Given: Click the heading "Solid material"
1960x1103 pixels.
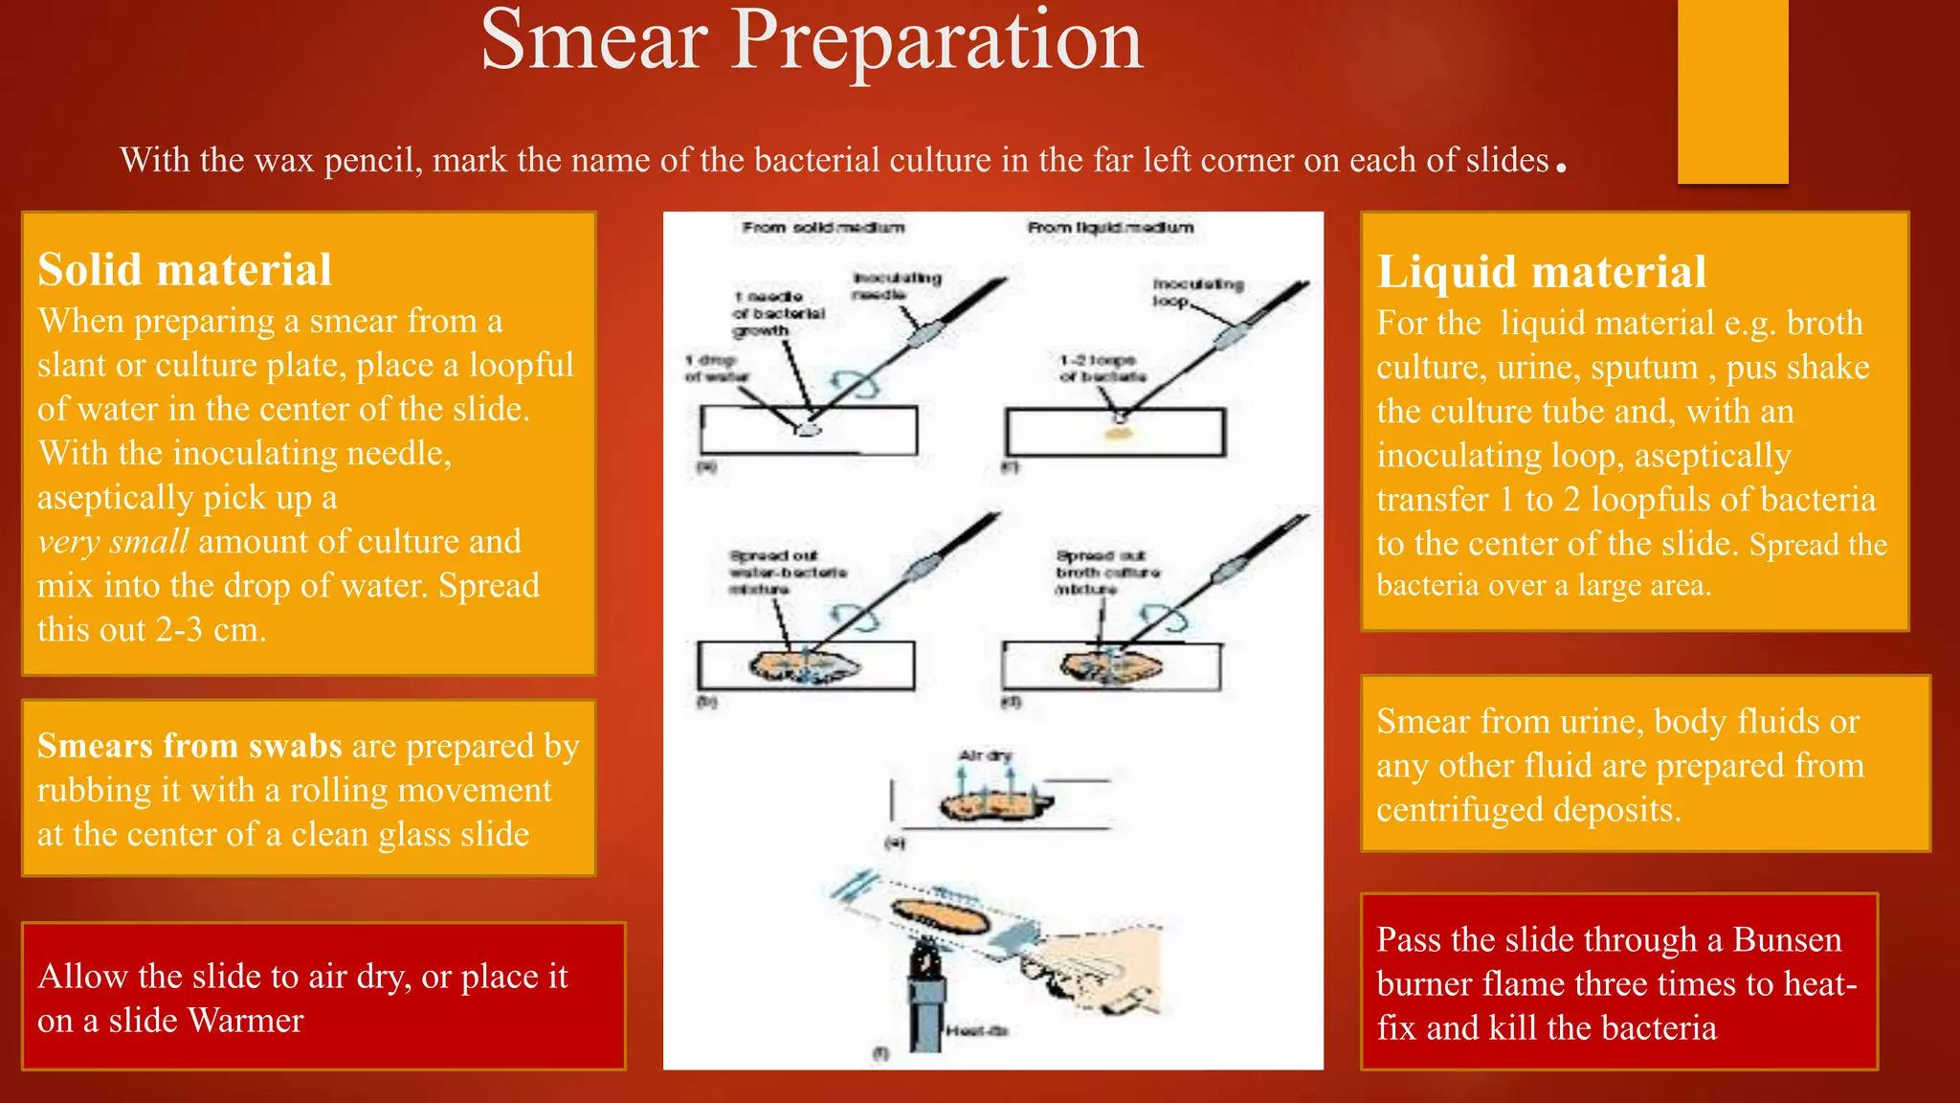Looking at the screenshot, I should click(185, 270).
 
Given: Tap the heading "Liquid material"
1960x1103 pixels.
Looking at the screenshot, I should click(1541, 272).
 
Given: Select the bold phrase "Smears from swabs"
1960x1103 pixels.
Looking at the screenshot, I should click(189, 746).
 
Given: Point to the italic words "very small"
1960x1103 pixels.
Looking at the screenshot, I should click(113, 542).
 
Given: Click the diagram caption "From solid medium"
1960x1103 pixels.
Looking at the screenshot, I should click(823, 228).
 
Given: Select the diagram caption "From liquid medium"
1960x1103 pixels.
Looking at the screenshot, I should click(1110, 228).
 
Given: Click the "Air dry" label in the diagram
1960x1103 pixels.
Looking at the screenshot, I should click(985, 755).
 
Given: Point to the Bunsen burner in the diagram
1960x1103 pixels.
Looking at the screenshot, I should click(924, 996).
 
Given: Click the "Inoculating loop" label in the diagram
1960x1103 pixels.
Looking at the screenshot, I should click(1196, 292).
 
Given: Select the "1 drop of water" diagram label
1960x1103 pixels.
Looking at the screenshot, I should click(716, 369).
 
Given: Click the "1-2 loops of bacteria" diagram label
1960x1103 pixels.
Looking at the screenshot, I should click(1101, 369).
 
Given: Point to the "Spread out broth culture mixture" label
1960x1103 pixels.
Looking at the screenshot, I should click(1105, 572).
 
